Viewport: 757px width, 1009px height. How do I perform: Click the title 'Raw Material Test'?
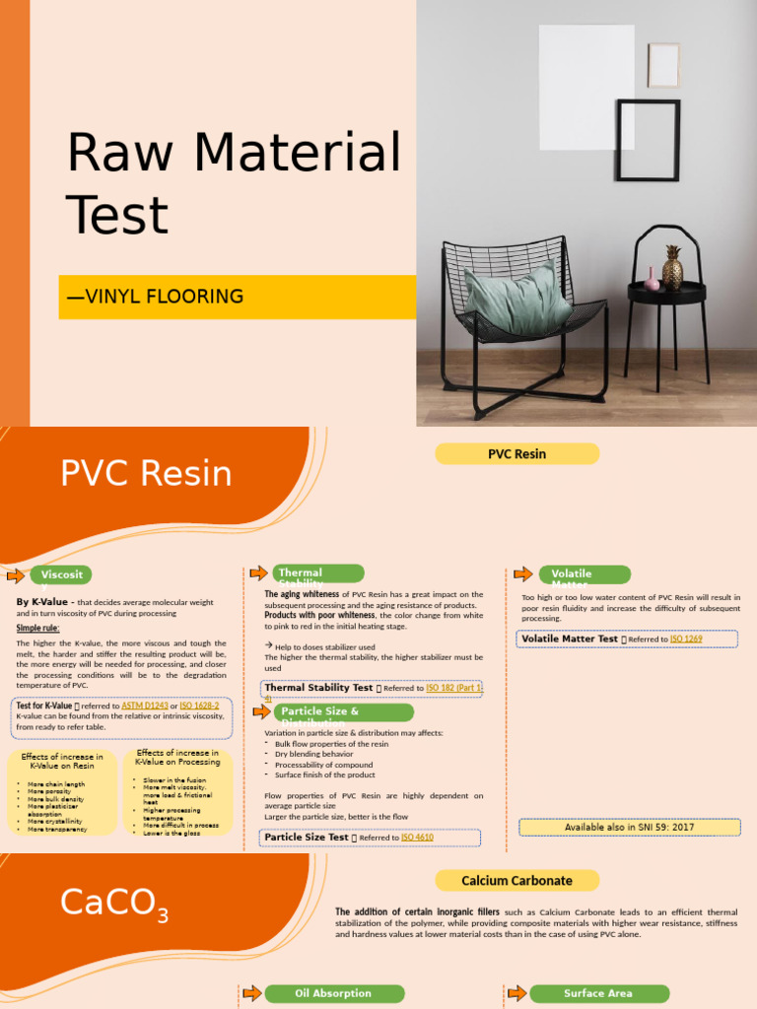(x=234, y=183)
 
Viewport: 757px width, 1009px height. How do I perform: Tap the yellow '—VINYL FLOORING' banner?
(x=237, y=297)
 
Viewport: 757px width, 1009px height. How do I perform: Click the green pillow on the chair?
(x=516, y=299)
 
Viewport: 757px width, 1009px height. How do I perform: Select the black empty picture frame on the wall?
(x=648, y=140)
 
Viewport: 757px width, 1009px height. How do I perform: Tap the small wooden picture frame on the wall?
(x=663, y=65)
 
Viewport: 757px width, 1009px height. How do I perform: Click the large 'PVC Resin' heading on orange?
(x=146, y=474)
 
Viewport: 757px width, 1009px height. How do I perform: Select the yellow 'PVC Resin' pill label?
(x=516, y=454)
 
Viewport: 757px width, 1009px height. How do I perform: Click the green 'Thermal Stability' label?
(x=318, y=573)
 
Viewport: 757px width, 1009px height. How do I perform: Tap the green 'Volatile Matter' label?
(x=584, y=574)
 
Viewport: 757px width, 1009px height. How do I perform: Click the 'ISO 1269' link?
(x=686, y=639)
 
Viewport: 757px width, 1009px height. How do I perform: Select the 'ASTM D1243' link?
(x=145, y=706)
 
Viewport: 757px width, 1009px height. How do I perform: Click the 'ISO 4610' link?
(x=417, y=838)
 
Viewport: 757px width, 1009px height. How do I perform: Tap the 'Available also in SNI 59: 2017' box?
(x=628, y=828)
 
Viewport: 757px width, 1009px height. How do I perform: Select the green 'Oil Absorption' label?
(x=334, y=993)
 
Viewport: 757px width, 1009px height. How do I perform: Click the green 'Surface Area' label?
(x=598, y=993)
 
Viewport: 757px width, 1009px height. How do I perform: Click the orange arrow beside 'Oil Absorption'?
(x=251, y=993)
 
